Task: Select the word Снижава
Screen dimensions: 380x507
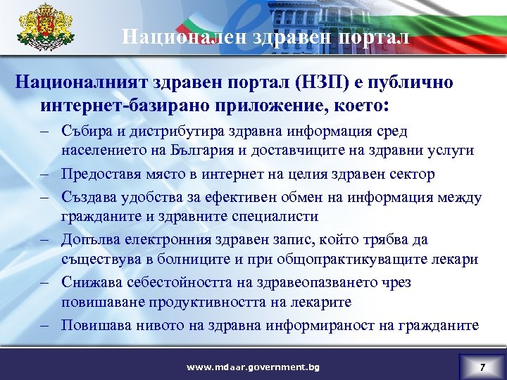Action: click(x=91, y=283)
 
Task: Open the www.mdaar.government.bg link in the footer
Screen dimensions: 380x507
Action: click(x=253, y=367)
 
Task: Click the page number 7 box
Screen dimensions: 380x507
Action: click(x=482, y=367)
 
